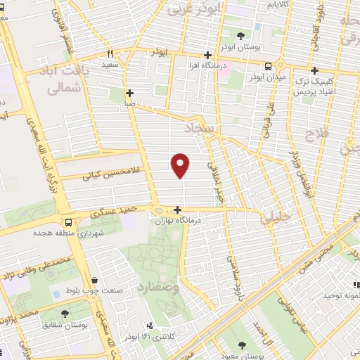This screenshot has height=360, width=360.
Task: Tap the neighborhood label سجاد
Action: pos(202,129)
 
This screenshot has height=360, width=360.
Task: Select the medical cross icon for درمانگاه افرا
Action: pos(207,55)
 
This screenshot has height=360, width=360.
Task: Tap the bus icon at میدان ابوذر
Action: pos(269,66)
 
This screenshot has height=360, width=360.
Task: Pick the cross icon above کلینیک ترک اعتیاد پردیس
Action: pos(314,70)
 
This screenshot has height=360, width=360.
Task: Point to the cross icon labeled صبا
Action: pos(129,92)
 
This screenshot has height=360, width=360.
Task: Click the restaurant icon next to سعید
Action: pos(110,53)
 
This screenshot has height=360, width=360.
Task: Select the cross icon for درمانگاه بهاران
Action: pos(177,210)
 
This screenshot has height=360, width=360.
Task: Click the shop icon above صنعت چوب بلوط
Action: pos(94,279)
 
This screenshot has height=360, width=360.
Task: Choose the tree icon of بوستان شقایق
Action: pos(65,314)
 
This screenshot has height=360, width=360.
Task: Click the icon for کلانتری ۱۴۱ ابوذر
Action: pos(149,326)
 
